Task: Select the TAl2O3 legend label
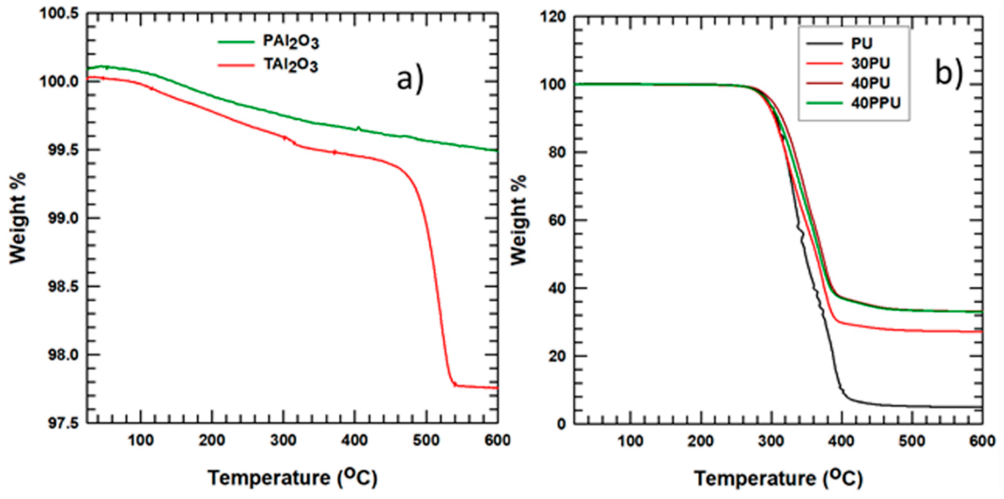(x=290, y=65)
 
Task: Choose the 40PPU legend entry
(x=875, y=103)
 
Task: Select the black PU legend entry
(x=862, y=43)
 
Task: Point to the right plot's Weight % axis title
(x=518, y=220)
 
